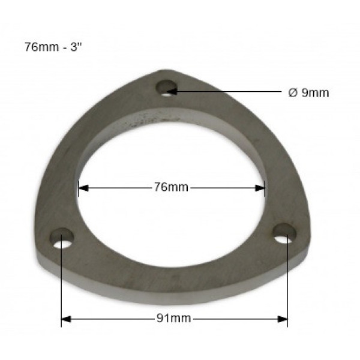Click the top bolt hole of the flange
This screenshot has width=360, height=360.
coord(167,88)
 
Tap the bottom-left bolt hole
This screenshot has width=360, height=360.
coord(62,238)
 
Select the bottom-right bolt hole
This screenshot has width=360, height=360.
coord(284,233)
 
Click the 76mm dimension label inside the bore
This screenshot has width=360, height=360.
coord(171,187)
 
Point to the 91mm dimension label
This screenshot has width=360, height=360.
coord(174,319)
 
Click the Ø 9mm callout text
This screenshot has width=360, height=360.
coord(308,93)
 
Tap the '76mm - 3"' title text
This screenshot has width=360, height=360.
coord(53,47)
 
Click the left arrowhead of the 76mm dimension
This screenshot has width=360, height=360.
coord(83,188)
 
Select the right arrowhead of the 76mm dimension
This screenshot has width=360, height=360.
coord(260,188)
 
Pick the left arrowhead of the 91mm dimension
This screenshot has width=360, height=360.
coord(66,319)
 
